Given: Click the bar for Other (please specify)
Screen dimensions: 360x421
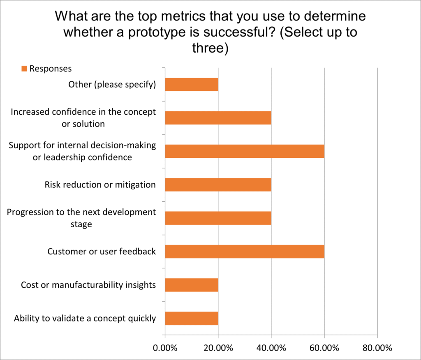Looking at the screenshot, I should point(192,85).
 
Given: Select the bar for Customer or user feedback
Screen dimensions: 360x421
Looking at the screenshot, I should point(245,251).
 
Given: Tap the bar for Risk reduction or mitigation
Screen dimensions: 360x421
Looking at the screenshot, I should point(218,185).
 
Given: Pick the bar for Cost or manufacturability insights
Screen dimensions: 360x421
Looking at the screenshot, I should point(192,284).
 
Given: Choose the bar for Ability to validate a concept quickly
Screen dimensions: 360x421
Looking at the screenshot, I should point(192,318).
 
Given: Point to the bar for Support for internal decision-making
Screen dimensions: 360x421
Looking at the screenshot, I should point(245,151).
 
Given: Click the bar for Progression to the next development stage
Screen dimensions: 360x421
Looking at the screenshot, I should point(218,218).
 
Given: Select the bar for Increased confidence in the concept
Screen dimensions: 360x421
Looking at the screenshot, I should point(218,118).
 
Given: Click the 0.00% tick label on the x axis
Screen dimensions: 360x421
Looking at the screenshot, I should point(165,348).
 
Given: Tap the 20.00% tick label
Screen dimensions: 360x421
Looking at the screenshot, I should point(218,348).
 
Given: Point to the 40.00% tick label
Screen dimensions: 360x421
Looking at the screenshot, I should point(271,348).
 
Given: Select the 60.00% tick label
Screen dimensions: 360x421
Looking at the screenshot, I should point(324,348).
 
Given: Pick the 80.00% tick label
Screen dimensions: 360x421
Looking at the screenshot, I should point(377,348).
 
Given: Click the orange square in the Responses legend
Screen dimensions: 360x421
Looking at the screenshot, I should point(24,69).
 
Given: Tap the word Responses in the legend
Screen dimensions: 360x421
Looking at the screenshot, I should point(50,69).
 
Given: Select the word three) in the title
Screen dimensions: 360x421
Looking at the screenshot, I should point(210,48).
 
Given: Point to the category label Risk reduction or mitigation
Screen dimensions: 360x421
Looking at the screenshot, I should point(100,185).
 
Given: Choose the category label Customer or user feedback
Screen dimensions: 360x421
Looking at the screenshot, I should point(102,251).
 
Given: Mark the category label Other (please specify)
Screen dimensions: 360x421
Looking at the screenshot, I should point(112,85).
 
